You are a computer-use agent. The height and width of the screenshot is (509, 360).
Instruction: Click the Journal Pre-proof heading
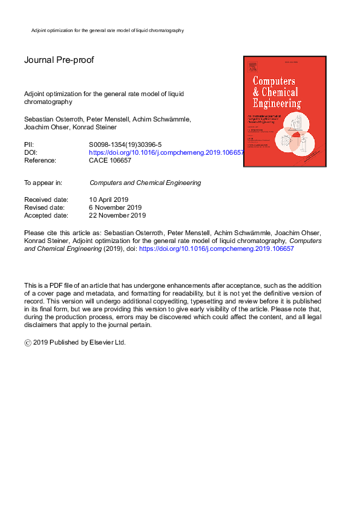click(x=59, y=60)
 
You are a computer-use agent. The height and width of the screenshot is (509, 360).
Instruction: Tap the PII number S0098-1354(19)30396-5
click(x=125, y=145)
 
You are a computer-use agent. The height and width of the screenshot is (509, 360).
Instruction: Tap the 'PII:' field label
click(x=30, y=145)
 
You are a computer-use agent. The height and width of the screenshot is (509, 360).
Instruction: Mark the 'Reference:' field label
click(x=41, y=161)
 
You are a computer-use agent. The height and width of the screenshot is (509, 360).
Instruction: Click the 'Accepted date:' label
click(x=46, y=215)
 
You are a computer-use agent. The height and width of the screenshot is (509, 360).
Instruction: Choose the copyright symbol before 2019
click(x=27, y=342)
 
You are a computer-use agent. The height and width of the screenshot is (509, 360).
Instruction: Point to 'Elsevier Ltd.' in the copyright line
click(x=111, y=342)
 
